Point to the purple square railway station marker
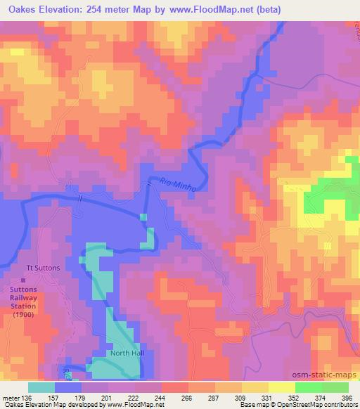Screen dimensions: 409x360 click(23, 280)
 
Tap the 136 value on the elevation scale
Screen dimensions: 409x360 click(28, 397)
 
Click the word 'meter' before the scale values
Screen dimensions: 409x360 click(11, 397)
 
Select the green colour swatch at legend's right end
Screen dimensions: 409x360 click(335, 387)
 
